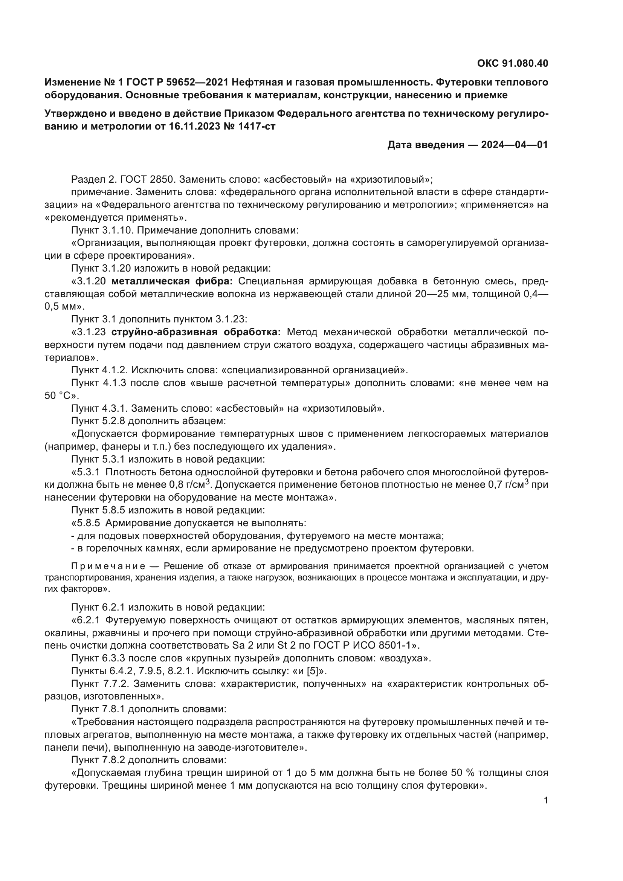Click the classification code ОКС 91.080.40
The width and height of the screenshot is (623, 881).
513,63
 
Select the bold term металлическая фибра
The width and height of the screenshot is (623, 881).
172,281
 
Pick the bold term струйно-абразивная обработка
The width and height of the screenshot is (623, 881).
196,332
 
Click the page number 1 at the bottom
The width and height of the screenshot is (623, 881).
546,800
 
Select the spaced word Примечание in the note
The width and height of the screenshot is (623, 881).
108,566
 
